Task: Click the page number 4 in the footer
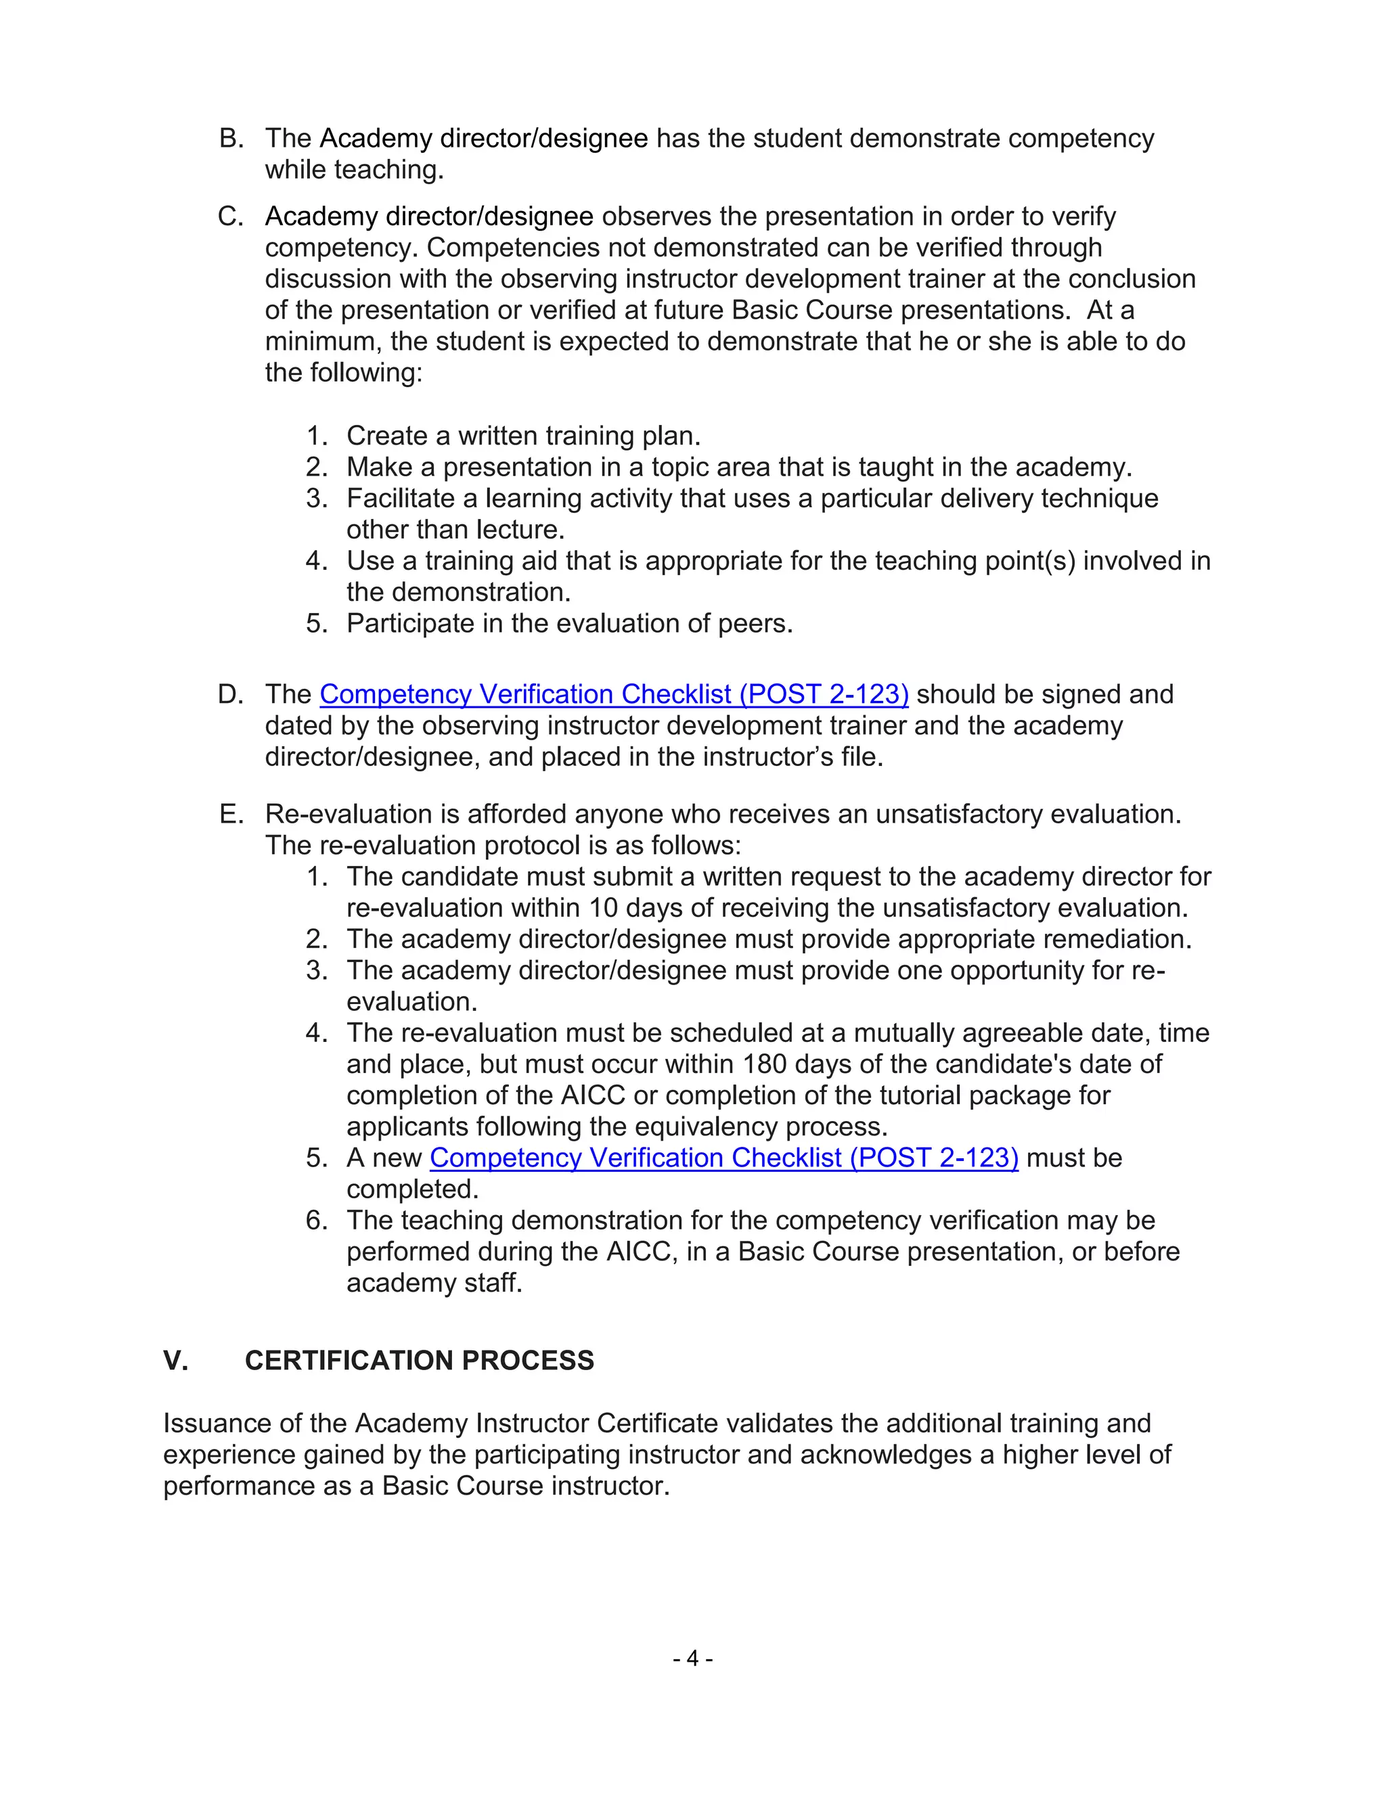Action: (x=692, y=1659)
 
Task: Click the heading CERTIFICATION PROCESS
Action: (x=419, y=1361)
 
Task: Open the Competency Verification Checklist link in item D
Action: (x=613, y=695)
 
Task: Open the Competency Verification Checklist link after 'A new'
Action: (x=723, y=1158)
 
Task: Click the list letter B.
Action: (x=231, y=139)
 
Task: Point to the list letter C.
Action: (x=231, y=217)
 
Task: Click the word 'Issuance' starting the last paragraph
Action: (x=215, y=1424)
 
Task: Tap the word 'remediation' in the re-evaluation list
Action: (x=1118, y=939)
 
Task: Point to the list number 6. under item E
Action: (x=316, y=1221)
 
